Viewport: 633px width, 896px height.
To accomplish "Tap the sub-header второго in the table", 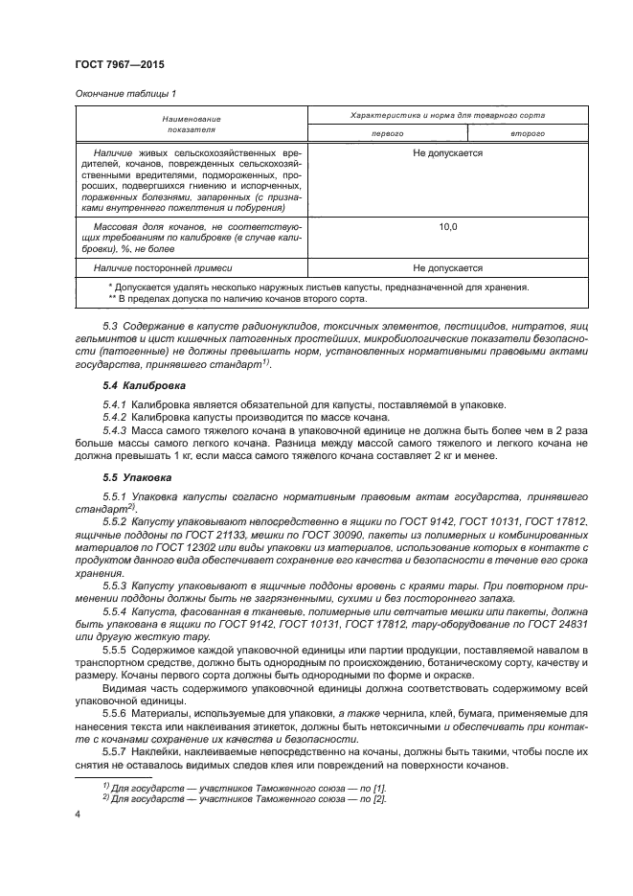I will pyautogui.click(x=528, y=133).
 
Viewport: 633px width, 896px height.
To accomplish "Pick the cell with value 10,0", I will pyautogui.click(x=447, y=226).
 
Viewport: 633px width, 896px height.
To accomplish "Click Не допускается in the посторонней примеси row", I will pyautogui.click(x=447, y=268).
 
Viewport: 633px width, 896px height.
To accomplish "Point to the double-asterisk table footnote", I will pyautogui.click(x=238, y=298).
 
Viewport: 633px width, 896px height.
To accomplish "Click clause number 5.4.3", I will pyautogui.click(x=115, y=429).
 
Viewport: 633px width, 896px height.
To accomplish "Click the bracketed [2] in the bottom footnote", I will pyautogui.click(x=379, y=798).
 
